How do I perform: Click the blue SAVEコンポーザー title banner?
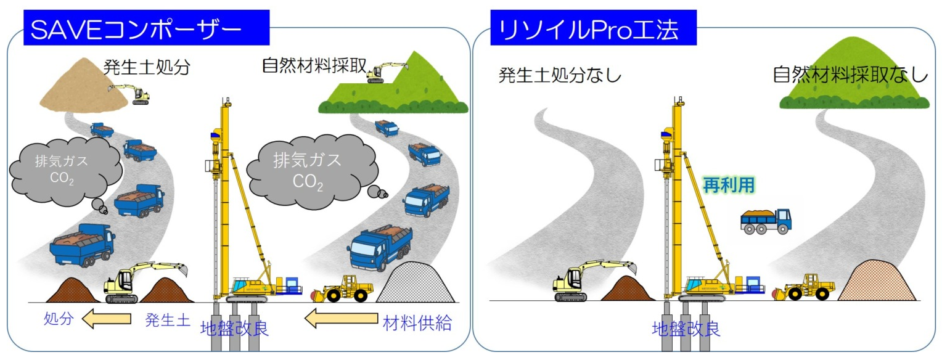click(x=146, y=28)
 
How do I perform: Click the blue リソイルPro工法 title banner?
click(x=594, y=28)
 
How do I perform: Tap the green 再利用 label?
click(x=729, y=185)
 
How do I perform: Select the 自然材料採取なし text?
click(x=850, y=75)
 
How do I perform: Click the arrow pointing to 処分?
click(x=107, y=319)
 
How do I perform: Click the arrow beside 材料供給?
click(x=341, y=318)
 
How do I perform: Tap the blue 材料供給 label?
click(x=417, y=323)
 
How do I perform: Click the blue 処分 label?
click(x=59, y=318)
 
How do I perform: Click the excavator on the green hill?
click(x=385, y=72)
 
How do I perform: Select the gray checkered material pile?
click(x=415, y=282)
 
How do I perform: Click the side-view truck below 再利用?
click(x=766, y=221)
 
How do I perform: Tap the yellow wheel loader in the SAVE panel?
click(x=343, y=288)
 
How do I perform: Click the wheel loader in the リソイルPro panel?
click(x=804, y=287)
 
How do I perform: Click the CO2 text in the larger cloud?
click(x=308, y=182)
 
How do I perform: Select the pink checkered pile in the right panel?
click(x=877, y=280)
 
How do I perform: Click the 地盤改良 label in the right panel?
click(x=686, y=329)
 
